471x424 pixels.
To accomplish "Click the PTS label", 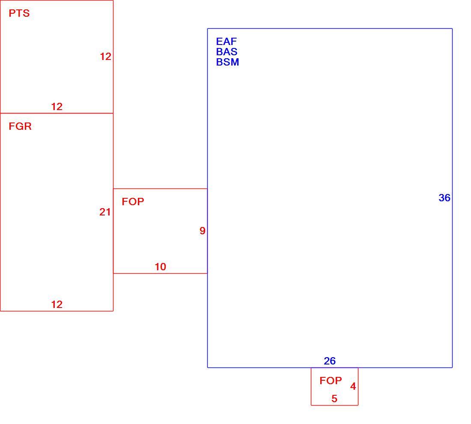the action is pos(19,13).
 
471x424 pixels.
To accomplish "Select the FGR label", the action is pos(20,126).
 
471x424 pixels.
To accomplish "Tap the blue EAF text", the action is pos(227,41).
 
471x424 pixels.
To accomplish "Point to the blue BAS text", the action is pos(227,52).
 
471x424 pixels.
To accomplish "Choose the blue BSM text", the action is pos(228,62).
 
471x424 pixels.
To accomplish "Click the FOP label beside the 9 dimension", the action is pos(133,202).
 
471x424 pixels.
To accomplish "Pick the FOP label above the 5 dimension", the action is pos(331,381).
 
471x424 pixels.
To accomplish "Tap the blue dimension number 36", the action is pos(444,198).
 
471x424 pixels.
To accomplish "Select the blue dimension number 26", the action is pos(330,361).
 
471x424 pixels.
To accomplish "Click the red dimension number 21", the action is pos(105,212).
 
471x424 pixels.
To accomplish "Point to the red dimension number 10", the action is pos(161,267).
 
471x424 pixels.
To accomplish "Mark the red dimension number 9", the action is pos(203,231).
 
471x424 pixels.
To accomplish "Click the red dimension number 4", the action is pos(353,386).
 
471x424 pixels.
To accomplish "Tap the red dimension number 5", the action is pos(334,399).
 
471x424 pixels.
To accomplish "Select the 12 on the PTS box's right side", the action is pos(106,57).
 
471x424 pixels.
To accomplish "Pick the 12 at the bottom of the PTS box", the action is pos(57,107).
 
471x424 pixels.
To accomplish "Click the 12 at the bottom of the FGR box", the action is pos(57,305).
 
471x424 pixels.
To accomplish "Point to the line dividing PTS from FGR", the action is pos(57,113).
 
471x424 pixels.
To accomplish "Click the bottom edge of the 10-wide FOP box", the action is pos(161,273).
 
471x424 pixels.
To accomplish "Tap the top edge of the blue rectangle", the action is pos(330,29).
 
